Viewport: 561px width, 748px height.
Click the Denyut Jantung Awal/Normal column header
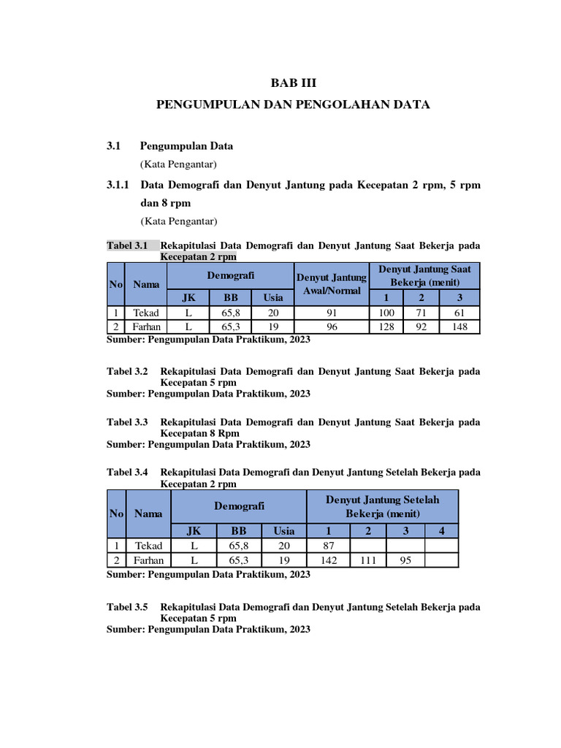[x=332, y=283]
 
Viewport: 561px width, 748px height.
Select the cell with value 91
[x=332, y=313]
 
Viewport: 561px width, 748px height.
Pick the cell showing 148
[x=459, y=327]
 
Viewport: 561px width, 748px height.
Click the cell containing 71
[x=421, y=313]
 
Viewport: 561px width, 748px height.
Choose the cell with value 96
[x=332, y=327]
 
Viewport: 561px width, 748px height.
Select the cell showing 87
[x=328, y=546]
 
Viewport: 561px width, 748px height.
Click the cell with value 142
[x=328, y=560]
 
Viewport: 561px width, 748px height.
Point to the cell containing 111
[x=368, y=560]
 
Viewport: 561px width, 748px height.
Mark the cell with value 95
[x=405, y=560]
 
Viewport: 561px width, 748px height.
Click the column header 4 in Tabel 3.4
[x=441, y=531]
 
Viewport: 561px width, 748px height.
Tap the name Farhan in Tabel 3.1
[x=146, y=327]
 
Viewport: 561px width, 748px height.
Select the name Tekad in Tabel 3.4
[x=148, y=546]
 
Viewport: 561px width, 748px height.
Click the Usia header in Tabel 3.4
[x=284, y=531]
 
